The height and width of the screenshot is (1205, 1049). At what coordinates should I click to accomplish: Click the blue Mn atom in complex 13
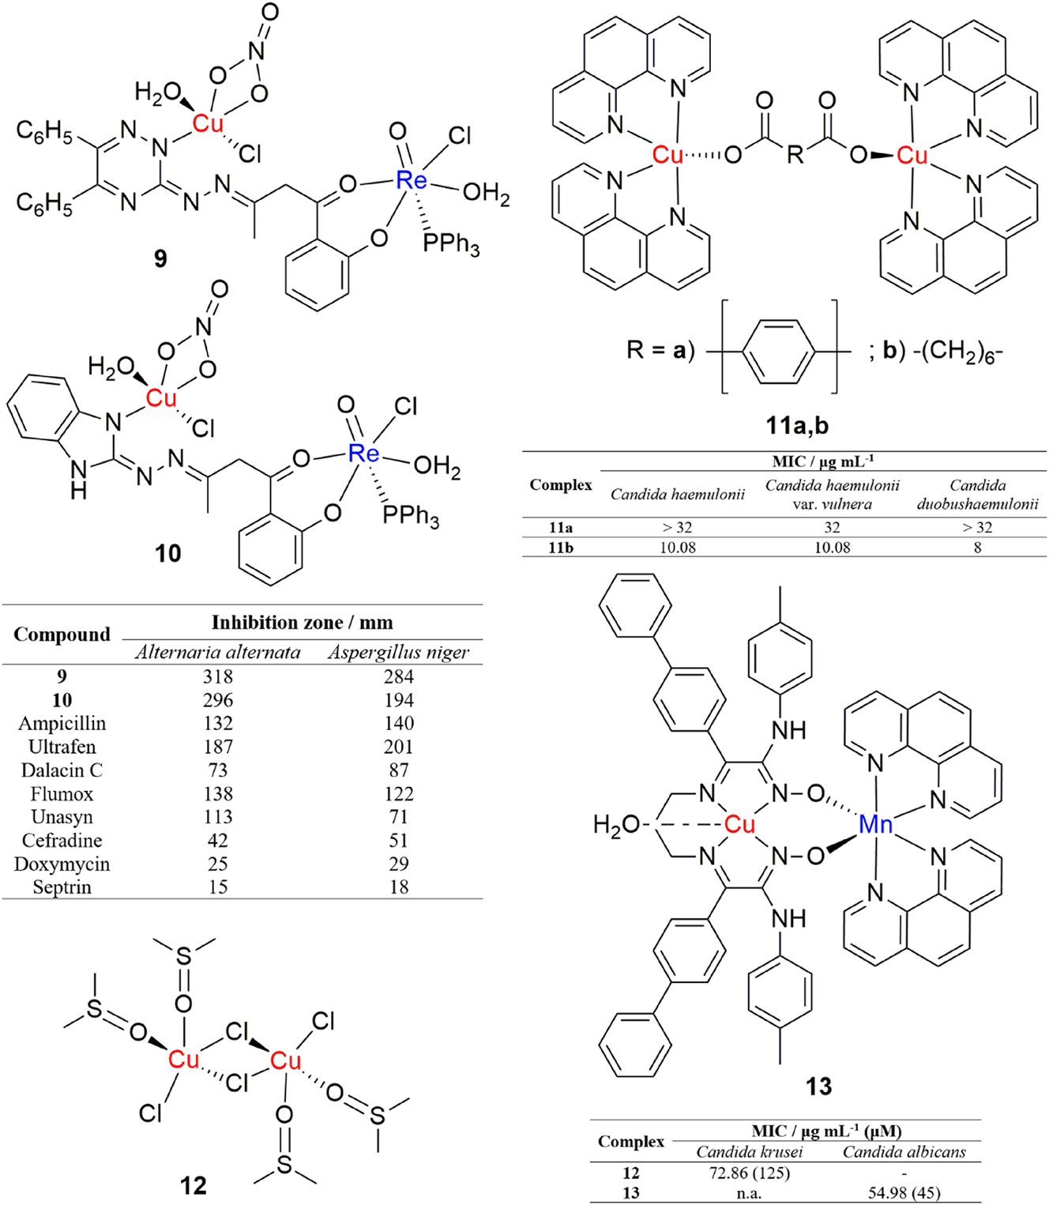tap(875, 825)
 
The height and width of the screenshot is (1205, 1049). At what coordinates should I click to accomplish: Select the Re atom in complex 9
tap(411, 181)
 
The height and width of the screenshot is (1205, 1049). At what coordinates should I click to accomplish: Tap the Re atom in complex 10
tap(363, 454)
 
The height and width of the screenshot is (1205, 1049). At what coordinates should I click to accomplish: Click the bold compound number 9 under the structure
tap(160, 258)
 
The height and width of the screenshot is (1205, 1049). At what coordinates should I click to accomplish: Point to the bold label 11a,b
tap(797, 426)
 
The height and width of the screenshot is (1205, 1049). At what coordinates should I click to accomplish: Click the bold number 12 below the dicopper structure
tap(193, 1185)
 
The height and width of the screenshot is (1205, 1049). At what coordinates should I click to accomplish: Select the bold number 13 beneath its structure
tap(818, 1086)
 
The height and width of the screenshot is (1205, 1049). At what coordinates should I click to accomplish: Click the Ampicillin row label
tap(62, 724)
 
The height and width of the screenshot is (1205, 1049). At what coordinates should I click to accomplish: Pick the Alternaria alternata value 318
tap(218, 676)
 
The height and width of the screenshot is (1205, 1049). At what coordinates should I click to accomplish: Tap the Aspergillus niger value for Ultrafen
tap(398, 747)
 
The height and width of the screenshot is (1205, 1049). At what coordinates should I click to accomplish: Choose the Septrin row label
tap(62, 887)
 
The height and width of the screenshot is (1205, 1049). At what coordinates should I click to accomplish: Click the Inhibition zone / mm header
tap(302, 623)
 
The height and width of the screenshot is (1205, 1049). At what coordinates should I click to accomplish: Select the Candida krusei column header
tap(749, 1152)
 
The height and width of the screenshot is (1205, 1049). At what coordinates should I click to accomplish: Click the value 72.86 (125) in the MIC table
tap(749, 1173)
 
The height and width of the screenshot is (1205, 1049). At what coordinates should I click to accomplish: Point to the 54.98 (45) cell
tap(904, 1192)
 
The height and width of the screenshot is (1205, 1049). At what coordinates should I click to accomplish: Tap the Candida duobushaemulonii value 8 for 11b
tap(977, 548)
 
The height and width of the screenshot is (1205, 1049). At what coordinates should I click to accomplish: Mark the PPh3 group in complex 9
tap(450, 243)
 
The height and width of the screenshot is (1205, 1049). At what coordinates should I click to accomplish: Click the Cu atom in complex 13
tap(739, 825)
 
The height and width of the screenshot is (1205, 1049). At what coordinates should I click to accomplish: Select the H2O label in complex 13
tap(616, 825)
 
